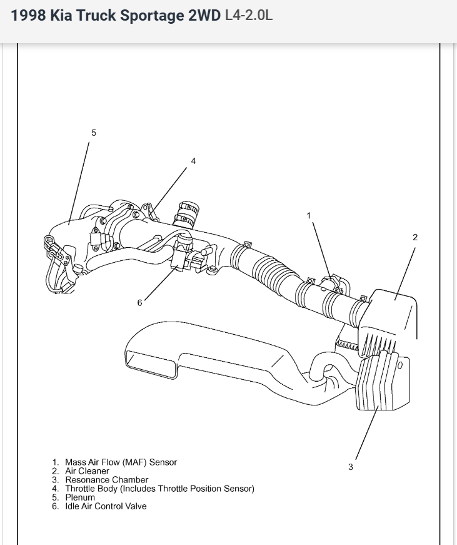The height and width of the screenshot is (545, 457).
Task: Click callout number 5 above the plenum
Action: click(x=94, y=133)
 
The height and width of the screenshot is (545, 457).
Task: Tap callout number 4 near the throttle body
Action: click(x=193, y=161)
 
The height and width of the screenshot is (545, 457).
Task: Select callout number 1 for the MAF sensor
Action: click(x=308, y=215)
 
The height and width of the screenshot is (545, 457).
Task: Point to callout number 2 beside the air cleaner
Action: click(x=415, y=237)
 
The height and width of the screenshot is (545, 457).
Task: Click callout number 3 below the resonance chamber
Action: click(x=351, y=467)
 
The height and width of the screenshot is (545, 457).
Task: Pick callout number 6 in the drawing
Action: click(x=140, y=303)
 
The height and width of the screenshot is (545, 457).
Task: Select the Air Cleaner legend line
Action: click(x=87, y=471)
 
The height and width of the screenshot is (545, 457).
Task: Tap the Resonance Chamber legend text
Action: click(x=107, y=479)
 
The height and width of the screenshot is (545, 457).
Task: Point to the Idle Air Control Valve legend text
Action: click(x=106, y=506)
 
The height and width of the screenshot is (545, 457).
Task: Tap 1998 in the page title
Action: click(x=28, y=16)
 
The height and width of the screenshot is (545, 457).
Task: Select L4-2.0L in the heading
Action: click(x=248, y=16)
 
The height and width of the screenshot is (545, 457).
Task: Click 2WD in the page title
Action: click(x=204, y=16)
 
